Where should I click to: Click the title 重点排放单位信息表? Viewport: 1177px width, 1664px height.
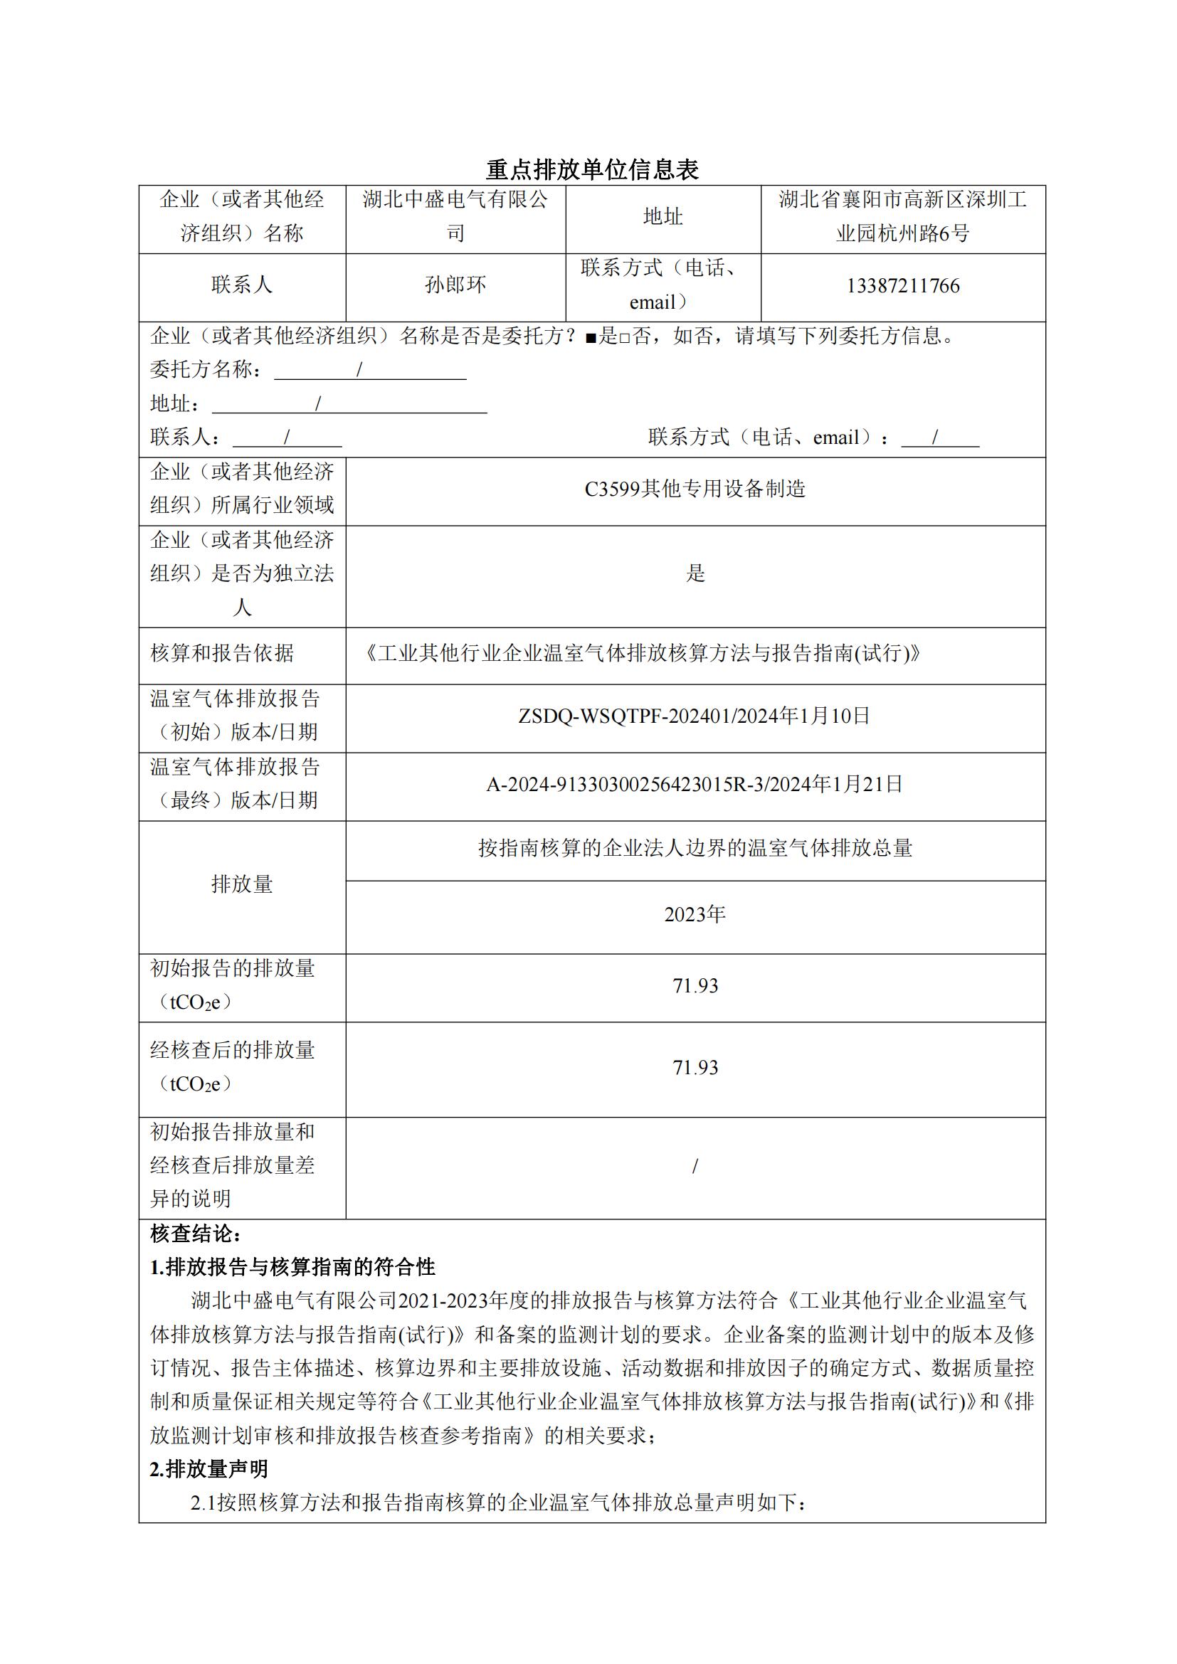[592, 169]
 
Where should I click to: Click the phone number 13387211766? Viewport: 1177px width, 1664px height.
[902, 285]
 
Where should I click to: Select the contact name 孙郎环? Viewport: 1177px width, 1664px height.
[455, 285]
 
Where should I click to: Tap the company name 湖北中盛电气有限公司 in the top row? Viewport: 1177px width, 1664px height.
[455, 216]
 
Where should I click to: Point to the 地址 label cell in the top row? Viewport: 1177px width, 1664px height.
[663, 217]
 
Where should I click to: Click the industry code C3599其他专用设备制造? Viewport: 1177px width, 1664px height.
[695, 489]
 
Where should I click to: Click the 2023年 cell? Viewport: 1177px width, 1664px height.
[695, 915]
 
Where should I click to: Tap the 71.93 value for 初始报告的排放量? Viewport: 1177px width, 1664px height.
[695, 985]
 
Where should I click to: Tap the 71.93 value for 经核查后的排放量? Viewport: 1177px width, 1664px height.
[695, 1068]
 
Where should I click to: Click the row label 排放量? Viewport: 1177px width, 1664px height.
[242, 884]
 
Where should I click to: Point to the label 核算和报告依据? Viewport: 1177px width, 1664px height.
[222, 653]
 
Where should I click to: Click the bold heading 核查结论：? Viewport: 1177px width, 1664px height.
[196, 1234]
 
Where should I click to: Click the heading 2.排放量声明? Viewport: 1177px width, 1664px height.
[209, 1468]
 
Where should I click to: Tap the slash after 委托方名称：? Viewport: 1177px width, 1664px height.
[359, 370]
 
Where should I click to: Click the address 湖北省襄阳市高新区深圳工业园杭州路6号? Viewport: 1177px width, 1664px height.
[902, 216]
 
